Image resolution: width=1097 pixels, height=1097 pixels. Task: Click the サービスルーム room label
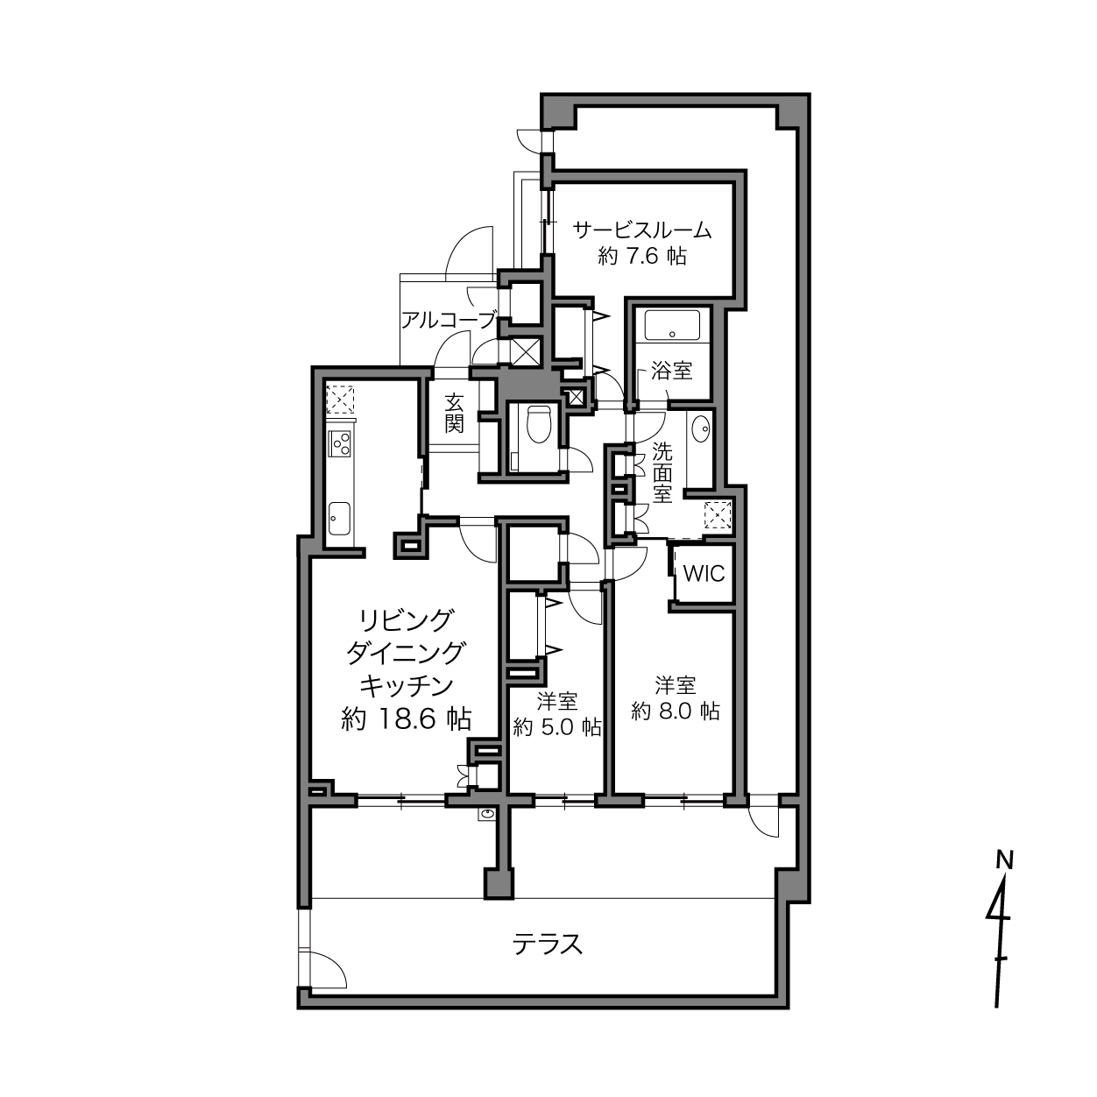pos(642,230)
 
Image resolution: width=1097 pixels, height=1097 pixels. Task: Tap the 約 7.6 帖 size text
pos(642,256)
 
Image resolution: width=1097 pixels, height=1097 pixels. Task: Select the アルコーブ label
pos(448,321)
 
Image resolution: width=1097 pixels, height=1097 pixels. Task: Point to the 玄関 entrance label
pos(454,414)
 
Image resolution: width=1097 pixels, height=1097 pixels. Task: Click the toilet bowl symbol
pos(538,424)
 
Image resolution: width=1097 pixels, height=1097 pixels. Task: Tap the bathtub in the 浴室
pos(672,326)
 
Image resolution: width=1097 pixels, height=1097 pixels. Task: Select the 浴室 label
pos(672,372)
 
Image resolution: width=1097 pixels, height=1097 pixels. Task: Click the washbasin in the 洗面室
pos(701,427)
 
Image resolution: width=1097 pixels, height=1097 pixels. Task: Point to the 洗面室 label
pos(662,472)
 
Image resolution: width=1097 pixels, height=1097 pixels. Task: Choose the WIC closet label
pos(704,573)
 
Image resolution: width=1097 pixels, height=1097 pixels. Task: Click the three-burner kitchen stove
pos(339,443)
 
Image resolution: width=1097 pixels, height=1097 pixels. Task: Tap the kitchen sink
pos(339,518)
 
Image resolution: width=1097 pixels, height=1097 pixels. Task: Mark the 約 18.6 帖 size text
pos(406,719)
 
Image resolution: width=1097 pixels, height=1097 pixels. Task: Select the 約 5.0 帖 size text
pos(556,727)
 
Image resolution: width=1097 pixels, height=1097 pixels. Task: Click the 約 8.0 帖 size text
pos(676,711)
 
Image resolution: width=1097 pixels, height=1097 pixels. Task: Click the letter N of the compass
pos(1005,860)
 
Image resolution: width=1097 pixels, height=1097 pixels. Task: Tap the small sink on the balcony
pos(488,814)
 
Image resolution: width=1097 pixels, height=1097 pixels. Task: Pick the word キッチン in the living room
pos(406,685)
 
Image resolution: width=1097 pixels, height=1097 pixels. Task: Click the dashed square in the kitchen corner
pos(339,399)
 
